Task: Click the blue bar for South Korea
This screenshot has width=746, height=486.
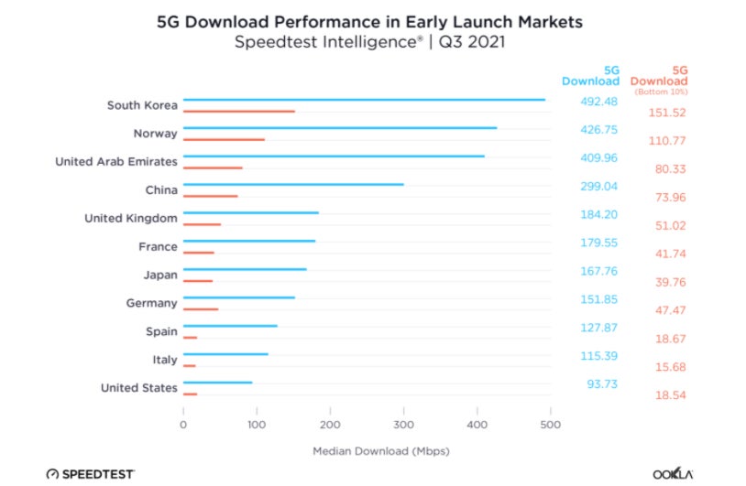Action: (x=364, y=100)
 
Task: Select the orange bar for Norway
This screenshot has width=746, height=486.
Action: (x=224, y=140)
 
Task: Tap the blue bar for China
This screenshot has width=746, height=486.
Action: (x=293, y=185)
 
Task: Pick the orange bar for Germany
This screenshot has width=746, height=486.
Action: (x=201, y=309)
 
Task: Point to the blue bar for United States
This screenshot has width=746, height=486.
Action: (x=217, y=383)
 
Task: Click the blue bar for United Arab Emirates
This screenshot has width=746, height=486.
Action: (x=334, y=157)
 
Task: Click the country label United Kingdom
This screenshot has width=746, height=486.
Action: (x=130, y=218)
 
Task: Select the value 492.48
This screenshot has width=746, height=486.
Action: (x=601, y=102)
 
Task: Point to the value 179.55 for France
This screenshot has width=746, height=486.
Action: (x=601, y=243)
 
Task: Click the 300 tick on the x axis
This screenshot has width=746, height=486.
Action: (x=404, y=425)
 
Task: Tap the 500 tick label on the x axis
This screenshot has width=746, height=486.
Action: (x=550, y=425)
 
